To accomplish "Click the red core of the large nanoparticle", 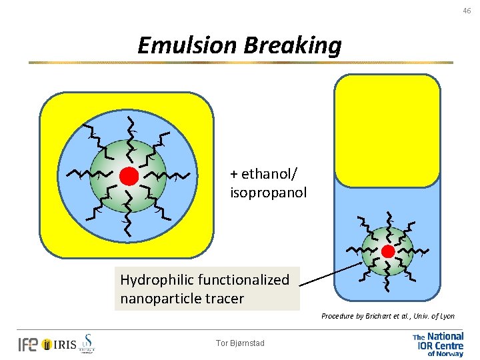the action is point(129,176).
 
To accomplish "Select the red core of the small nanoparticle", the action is point(387,251).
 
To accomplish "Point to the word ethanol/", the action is point(264,175).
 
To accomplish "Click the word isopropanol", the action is point(269,193).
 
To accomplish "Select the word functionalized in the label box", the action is point(243,280).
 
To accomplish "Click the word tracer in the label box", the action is point(225,299).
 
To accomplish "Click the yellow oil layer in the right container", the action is point(387,130).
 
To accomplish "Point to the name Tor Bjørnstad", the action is point(240,343).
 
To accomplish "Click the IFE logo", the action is point(28,344).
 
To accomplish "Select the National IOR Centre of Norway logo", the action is point(437,345).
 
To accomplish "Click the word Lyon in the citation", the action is point(445,315).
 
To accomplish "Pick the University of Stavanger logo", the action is point(87,343).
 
